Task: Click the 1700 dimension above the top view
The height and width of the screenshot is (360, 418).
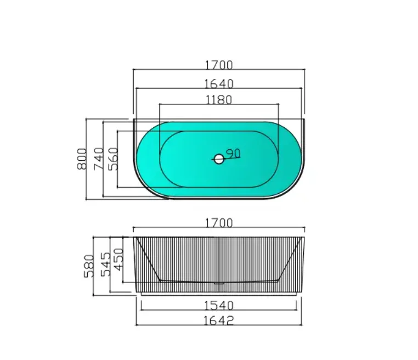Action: click(219, 65)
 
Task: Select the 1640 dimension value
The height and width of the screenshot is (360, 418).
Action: click(219, 83)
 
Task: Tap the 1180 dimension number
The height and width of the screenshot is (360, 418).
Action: click(219, 99)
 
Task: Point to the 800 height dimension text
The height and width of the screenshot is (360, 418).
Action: click(82, 159)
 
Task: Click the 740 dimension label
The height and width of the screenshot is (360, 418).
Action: click(99, 159)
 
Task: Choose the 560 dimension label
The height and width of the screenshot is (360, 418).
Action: click(114, 159)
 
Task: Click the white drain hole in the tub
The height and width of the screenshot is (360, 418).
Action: click(219, 159)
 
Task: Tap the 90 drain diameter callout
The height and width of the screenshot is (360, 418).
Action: click(234, 154)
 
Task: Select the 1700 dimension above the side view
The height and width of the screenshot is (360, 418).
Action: click(219, 223)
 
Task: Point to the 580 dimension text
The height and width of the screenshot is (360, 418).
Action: click(89, 265)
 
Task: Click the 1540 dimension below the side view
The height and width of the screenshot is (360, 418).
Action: click(219, 305)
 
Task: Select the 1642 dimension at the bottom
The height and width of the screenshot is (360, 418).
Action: click(219, 320)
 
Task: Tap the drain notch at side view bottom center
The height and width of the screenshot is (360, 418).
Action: click(219, 283)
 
